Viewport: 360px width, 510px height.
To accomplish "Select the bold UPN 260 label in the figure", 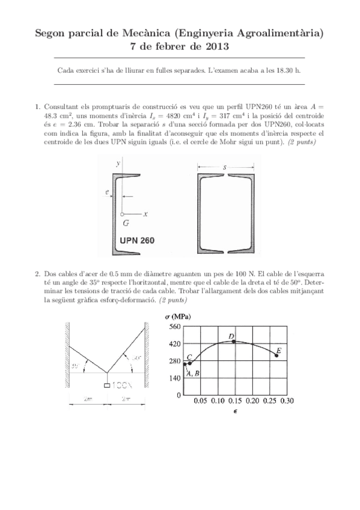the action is [137, 240].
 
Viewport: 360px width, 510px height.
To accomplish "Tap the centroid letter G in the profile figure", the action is [125, 223].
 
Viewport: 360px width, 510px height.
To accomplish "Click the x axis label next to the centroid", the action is [145, 214].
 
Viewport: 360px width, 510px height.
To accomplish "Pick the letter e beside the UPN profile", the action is [106, 192].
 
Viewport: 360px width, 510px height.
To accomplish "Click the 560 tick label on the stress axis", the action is [175, 327].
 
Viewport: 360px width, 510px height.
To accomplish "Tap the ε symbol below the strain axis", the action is [234, 412].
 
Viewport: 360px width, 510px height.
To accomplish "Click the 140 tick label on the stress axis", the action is [175, 378].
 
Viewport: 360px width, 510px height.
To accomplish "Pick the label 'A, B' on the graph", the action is [193, 373].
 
